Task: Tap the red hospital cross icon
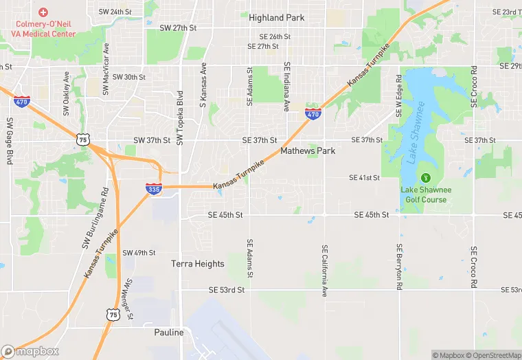(43, 12)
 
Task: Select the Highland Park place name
(277, 17)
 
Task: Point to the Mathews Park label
(308, 150)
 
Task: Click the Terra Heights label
(198, 264)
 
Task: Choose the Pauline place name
(169, 333)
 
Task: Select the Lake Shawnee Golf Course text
(424, 194)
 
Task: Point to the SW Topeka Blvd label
(180, 118)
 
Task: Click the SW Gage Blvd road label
(10, 140)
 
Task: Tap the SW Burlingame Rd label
(95, 218)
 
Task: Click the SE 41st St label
(364, 178)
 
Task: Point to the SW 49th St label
(139, 253)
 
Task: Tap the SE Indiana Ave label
(286, 87)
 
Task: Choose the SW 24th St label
(115, 12)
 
